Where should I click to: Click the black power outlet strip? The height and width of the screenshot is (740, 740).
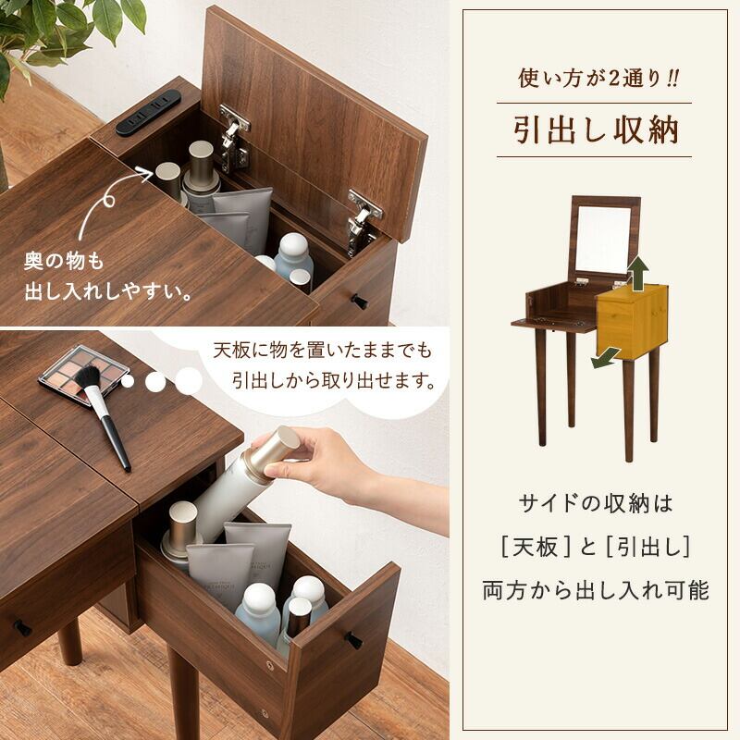tap(148, 113)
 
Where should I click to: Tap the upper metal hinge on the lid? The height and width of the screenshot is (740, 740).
tap(234, 138)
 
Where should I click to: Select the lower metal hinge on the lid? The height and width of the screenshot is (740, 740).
tap(363, 223)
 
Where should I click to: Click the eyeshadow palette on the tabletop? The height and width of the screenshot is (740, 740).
tap(84, 375)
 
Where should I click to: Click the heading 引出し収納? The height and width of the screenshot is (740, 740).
tap(596, 129)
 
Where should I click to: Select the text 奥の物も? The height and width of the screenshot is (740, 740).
tap(64, 261)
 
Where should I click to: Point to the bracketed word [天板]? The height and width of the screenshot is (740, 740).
tap(536, 548)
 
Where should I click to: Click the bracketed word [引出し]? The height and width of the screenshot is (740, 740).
tap(648, 548)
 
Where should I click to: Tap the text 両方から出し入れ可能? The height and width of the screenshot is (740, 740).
tap(596, 590)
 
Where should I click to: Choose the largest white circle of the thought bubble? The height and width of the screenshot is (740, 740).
tap(189, 380)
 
